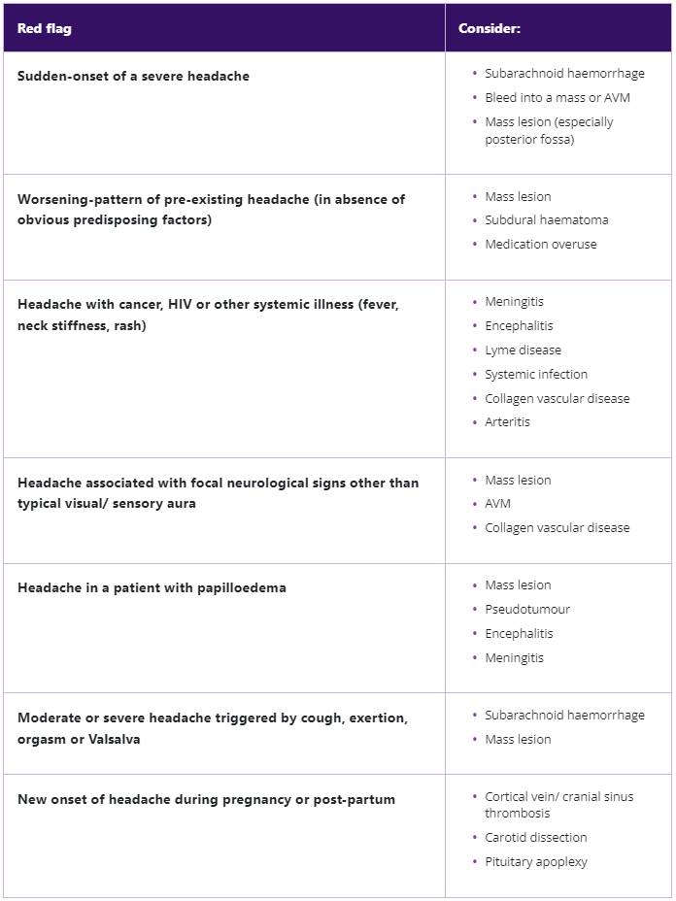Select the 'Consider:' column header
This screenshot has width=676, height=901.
[x=490, y=28]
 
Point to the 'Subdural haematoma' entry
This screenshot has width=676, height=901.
[x=547, y=219]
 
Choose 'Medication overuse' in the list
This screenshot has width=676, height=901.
[x=541, y=244]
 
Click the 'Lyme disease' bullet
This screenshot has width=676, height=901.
[x=523, y=350]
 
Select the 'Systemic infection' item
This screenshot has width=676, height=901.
[x=536, y=374]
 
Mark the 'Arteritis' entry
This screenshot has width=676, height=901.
[x=507, y=421]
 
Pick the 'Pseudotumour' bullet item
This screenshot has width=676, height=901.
[x=527, y=609]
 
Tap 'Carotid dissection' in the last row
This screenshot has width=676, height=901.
[x=536, y=837]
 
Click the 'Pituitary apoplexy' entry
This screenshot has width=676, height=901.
[x=536, y=861]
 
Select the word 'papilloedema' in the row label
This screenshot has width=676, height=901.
[x=239, y=587]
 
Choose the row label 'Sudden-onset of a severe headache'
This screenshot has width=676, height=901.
[x=133, y=76]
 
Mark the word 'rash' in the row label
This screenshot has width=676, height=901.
[x=128, y=325]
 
